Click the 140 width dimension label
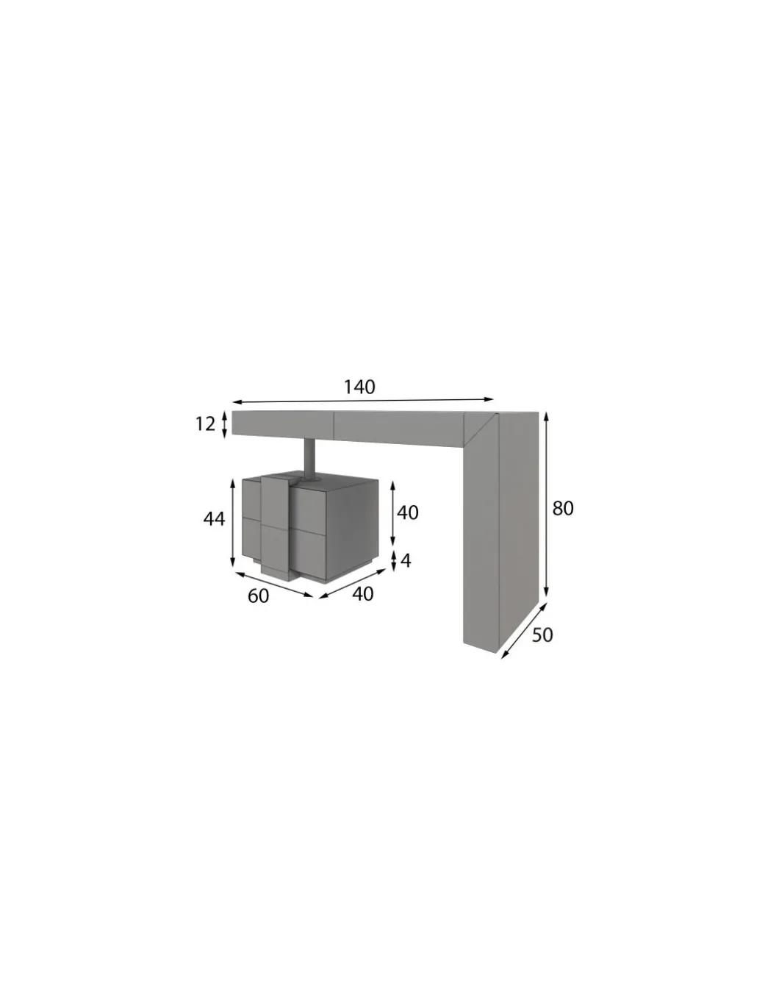359,387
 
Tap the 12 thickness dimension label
206,424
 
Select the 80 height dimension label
563,508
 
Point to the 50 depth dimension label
542,635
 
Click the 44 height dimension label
215,518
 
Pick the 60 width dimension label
258,596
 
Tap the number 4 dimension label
406,561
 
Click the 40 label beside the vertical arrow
408,512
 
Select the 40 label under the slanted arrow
362,594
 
